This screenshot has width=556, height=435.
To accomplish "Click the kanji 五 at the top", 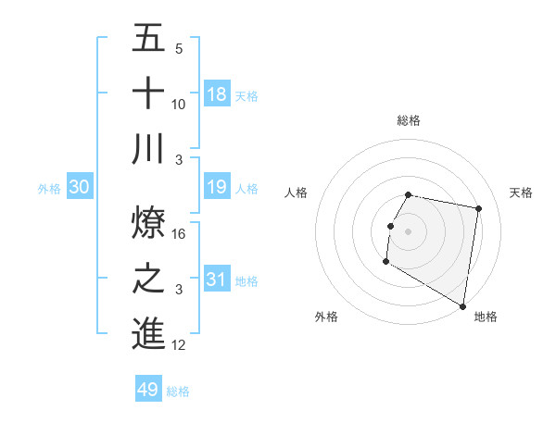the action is pyautogui.click(x=148, y=39).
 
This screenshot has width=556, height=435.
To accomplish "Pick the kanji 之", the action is pyautogui.click(x=148, y=279).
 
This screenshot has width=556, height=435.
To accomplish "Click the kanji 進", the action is pyautogui.click(x=148, y=333).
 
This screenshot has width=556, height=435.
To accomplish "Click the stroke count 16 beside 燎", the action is pyautogui.click(x=180, y=233).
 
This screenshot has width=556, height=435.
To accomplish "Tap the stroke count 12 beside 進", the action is pyautogui.click(x=180, y=345).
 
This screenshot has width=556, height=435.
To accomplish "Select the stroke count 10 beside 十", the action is pyautogui.click(x=180, y=104).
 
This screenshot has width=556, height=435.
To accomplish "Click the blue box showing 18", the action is pyautogui.click(x=217, y=93).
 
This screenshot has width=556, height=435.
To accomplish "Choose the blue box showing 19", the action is pyautogui.click(x=217, y=188).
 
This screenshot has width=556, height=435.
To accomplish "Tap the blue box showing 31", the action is pyautogui.click(x=217, y=280).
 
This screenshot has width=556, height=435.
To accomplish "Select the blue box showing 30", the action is pyautogui.click(x=80, y=188).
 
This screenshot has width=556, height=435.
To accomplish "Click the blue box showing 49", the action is pyautogui.click(x=148, y=390).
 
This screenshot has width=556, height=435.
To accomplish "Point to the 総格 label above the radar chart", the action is pyautogui.click(x=409, y=120).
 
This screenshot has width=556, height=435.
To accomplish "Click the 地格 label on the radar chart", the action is pyautogui.click(x=486, y=317).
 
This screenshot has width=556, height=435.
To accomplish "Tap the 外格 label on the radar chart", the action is pyautogui.click(x=326, y=317).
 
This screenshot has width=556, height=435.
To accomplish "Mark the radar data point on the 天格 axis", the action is pyautogui.click(x=478, y=209).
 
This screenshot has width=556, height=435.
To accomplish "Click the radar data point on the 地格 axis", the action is pyautogui.click(x=462, y=306).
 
